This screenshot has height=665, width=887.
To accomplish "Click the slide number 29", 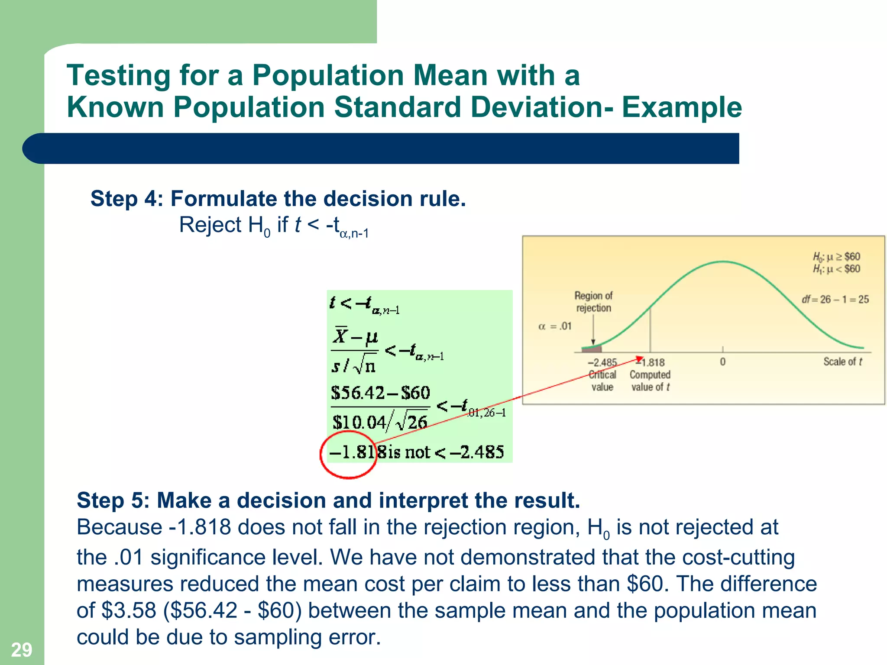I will pos(21,650).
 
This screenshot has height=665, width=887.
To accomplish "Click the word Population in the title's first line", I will pos(328,75).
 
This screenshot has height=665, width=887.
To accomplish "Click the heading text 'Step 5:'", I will pos(113,500).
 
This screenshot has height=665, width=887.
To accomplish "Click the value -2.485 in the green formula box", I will pos(477,452).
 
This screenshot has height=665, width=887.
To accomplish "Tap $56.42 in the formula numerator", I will pos(358,393).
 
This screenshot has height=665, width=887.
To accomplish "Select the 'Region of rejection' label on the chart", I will pos(593,302).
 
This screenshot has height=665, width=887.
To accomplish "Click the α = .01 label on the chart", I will pos(555,326).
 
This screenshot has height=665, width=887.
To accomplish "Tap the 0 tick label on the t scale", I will pos(722,362).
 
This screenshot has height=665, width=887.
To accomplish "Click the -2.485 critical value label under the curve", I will pos(602,362).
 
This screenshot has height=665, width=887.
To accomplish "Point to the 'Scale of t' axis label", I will pos(842,362).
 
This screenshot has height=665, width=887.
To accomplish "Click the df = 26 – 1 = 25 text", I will pos(835,299).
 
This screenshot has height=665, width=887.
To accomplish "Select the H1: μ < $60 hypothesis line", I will pos(836,269).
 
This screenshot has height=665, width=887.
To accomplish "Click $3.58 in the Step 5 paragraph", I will pos(129,610).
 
